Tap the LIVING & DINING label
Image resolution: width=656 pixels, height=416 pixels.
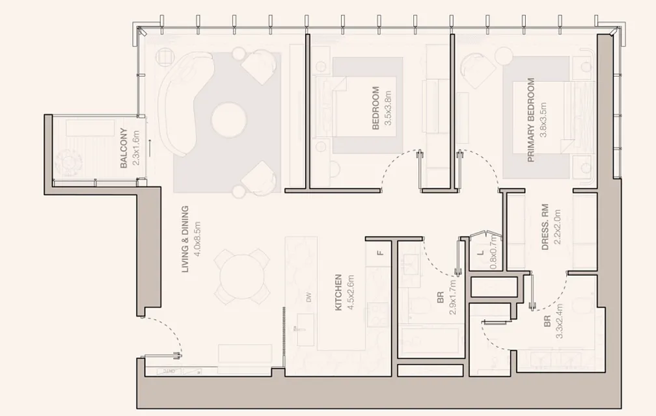coord(185,240)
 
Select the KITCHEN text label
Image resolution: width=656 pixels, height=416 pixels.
coord(338,292)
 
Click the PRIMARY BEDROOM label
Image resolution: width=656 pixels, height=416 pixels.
coord(531,120)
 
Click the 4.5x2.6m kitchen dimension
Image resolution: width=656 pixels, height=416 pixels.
coord(351,292)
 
